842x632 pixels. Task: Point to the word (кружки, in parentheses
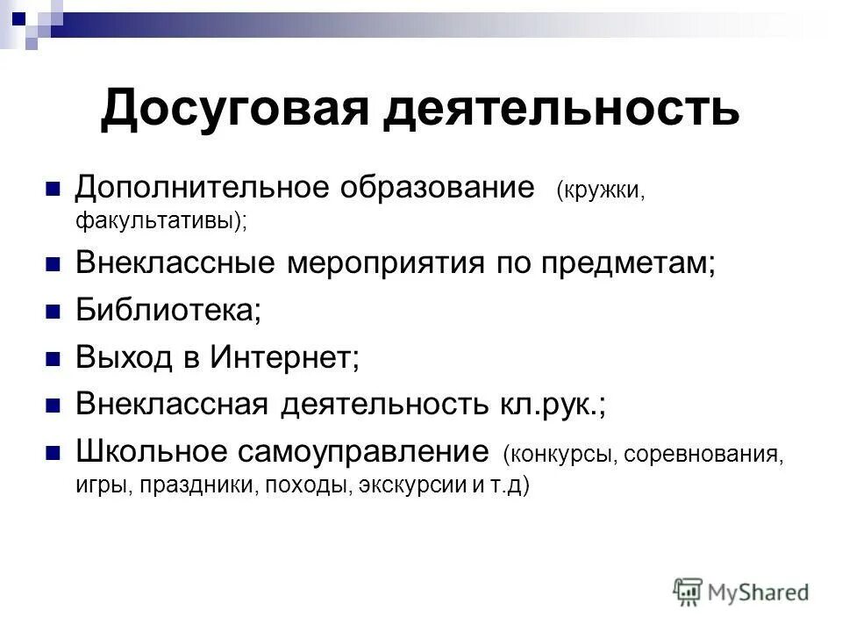(x=600, y=190)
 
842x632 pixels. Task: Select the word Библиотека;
(x=168, y=311)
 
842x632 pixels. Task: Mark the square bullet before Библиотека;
(x=52, y=312)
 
